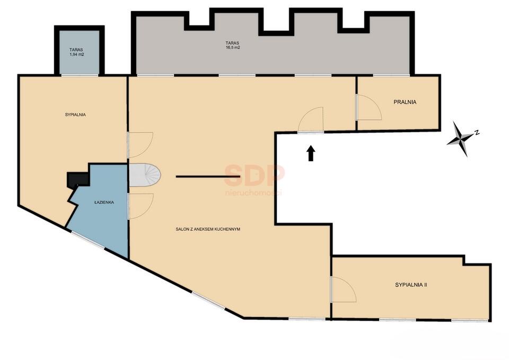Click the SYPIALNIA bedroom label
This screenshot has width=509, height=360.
click(x=75, y=115)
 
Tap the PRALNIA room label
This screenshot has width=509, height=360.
click(x=405, y=102)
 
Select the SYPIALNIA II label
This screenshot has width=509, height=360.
click(x=411, y=285)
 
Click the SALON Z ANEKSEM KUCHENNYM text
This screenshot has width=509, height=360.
click(x=208, y=230)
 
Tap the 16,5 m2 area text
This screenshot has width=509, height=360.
click(x=232, y=48)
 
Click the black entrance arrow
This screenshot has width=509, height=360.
click(x=311, y=153)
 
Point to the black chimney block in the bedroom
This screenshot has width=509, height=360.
click(x=77, y=179)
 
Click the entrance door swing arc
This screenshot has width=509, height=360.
click(x=311, y=120)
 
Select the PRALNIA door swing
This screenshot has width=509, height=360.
click(x=369, y=108)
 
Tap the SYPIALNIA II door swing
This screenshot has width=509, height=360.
click(x=343, y=289)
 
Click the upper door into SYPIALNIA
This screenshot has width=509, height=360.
click(x=140, y=144)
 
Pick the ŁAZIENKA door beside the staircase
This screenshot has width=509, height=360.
click(x=140, y=206)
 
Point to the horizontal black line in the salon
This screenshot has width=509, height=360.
click(x=208, y=177)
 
